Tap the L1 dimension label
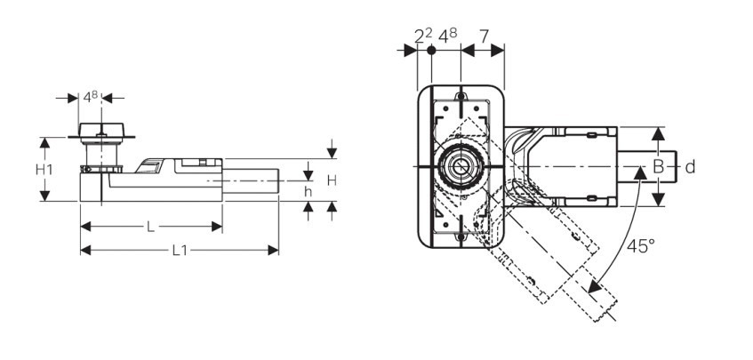[179, 251]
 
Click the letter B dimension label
[658, 166]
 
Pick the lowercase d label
[689, 166]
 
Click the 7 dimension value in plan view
[483, 36]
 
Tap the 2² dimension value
[422, 36]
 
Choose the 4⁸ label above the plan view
[447, 36]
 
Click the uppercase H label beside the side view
[331, 180]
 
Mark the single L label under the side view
[150, 228]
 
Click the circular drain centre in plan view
[460, 166]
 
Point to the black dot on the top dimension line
[431, 52]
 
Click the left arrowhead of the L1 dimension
[84, 251]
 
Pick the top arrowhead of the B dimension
[658, 132]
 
